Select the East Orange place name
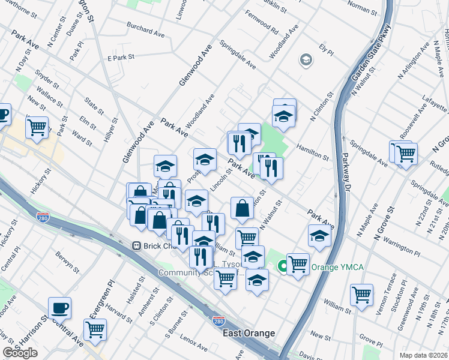tap(249, 333)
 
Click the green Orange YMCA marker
tap(282, 266)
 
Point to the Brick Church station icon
tap(137, 246)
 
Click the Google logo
tap(20, 353)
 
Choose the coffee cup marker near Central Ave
tap(60, 308)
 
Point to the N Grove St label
tap(384, 225)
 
